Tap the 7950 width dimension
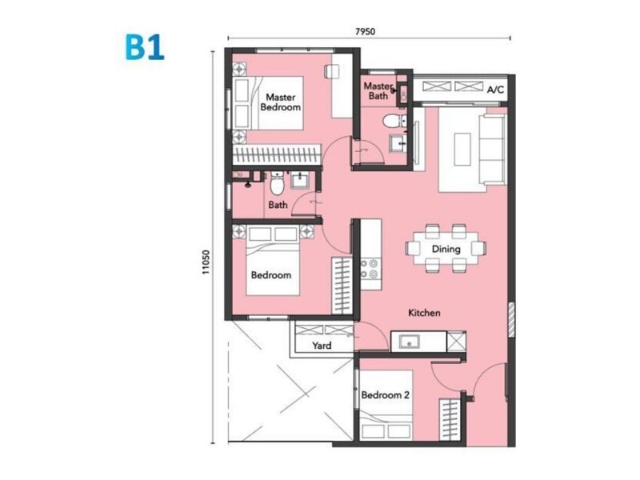(x=366, y=31)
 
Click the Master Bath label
(x=378, y=90)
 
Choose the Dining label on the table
(x=446, y=249)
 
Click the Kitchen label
(x=424, y=314)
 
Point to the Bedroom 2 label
(x=385, y=395)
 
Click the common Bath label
(x=278, y=205)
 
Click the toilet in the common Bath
(x=276, y=185)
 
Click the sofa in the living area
(x=491, y=150)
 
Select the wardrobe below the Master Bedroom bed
(x=277, y=154)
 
